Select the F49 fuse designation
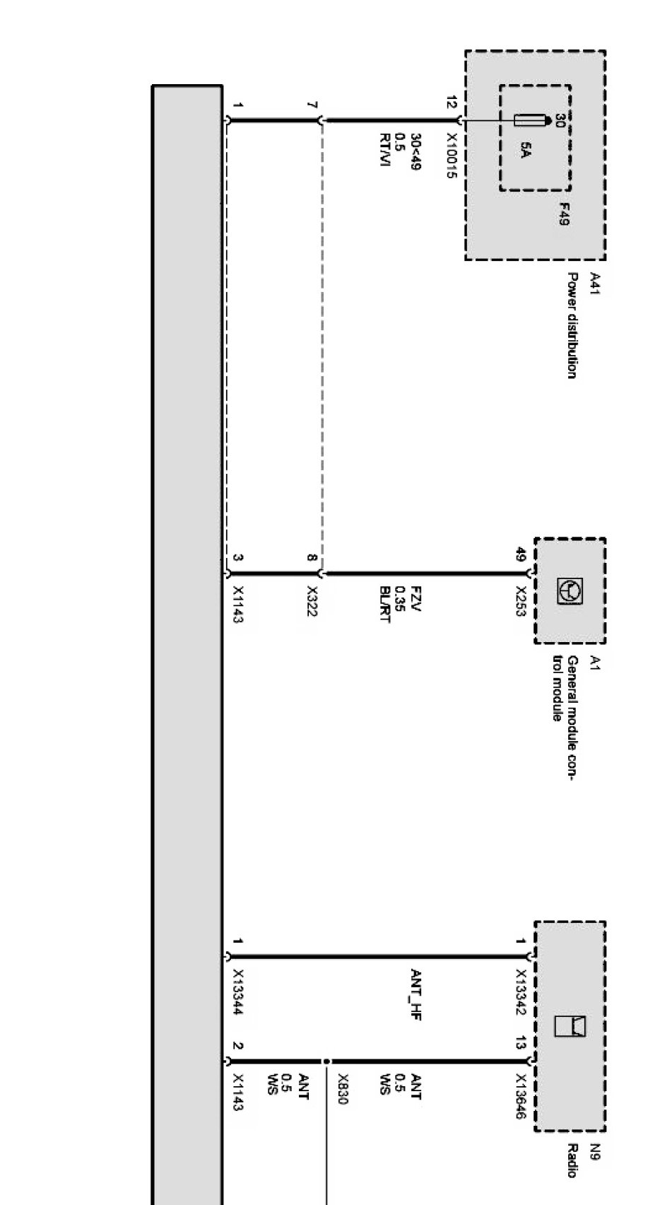(563, 214)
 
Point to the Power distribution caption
(572, 325)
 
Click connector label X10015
(452, 156)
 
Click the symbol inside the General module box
(570, 590)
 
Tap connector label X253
(521, 601)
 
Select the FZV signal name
(417, 598)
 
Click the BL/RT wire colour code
(384, 605)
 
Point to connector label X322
(311, 601)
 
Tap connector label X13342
(521, 993)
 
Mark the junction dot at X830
(326, 1061)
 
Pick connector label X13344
(237, 993)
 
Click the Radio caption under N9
(572, 1160)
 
